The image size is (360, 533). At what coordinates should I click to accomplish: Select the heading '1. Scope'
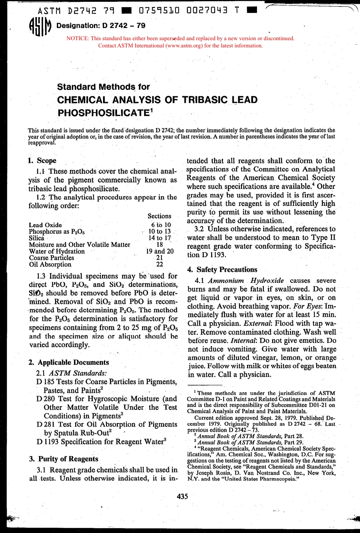(42, 160)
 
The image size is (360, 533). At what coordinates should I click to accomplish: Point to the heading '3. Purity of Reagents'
(63, 459)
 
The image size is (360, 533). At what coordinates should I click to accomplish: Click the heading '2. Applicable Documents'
(69, 362)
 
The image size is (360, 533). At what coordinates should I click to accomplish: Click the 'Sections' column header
(159, 216)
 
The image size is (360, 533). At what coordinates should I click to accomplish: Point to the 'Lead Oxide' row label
(45, 225)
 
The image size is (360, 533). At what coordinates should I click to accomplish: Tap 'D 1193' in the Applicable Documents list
(47, 442)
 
